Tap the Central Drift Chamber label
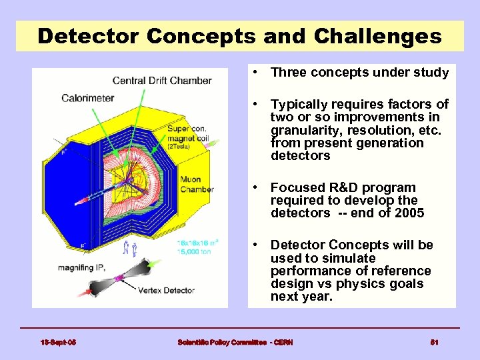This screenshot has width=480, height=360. pos(162,81)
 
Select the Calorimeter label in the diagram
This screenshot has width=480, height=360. pos(87,98)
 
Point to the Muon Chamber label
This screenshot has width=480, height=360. pos(197,184)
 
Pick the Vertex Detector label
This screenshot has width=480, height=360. pos(166,291)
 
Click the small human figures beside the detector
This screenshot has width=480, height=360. pos(129,249)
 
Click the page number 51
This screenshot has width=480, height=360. pos(434,342)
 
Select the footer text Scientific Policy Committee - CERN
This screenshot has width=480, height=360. pos(235,342)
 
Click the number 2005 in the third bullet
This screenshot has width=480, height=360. pos(409,213)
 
